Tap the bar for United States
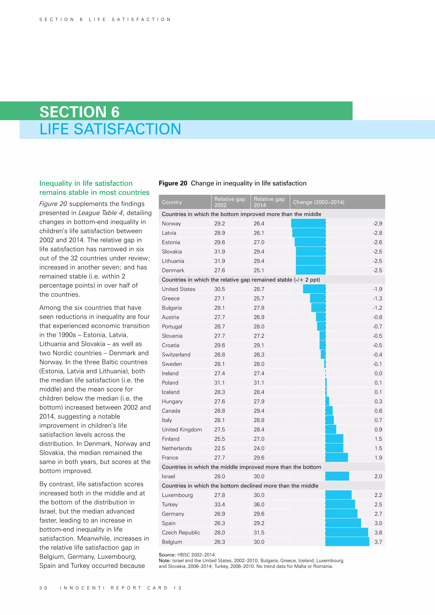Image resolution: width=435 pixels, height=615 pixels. point(314,289)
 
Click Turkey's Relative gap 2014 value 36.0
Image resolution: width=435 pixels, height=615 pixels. point(259,504)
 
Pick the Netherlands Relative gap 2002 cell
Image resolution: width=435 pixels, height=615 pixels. point(219,448)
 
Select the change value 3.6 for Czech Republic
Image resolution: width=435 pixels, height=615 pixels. point(378,533)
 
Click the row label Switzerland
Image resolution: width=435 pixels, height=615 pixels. point(176,355)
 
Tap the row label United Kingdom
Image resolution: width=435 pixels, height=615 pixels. point(182,429)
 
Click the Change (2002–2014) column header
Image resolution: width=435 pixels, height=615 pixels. point(318,202)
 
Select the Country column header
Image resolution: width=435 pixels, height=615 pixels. point(172,202)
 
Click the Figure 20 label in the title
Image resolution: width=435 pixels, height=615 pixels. point(173,183)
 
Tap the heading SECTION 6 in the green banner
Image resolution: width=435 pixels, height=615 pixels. point(79,112)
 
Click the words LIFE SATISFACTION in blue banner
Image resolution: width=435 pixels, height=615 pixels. point(110,129)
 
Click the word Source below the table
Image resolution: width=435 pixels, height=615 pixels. point(167,555)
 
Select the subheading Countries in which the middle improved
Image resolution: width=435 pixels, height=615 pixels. point(241,467)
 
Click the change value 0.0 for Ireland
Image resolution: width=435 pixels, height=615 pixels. point(378,373)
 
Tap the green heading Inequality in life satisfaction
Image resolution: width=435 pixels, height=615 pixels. point(86,183)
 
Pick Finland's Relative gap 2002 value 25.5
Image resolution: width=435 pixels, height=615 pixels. point(219,439)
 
